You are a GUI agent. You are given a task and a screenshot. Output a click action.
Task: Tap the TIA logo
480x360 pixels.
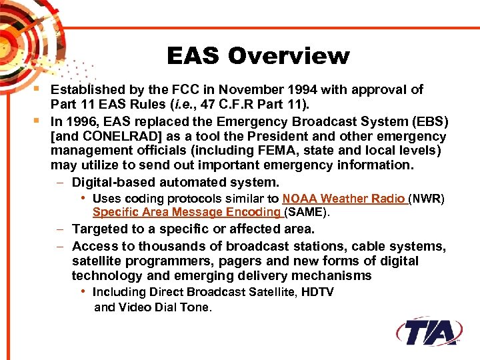(x=429, y=331)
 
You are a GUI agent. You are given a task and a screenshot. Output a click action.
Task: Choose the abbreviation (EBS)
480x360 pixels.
(x=430, y=122)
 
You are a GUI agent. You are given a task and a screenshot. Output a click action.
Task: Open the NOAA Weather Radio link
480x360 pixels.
(x=344, y=199)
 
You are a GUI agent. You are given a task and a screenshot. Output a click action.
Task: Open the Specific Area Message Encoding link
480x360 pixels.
(x=187, y=213)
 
